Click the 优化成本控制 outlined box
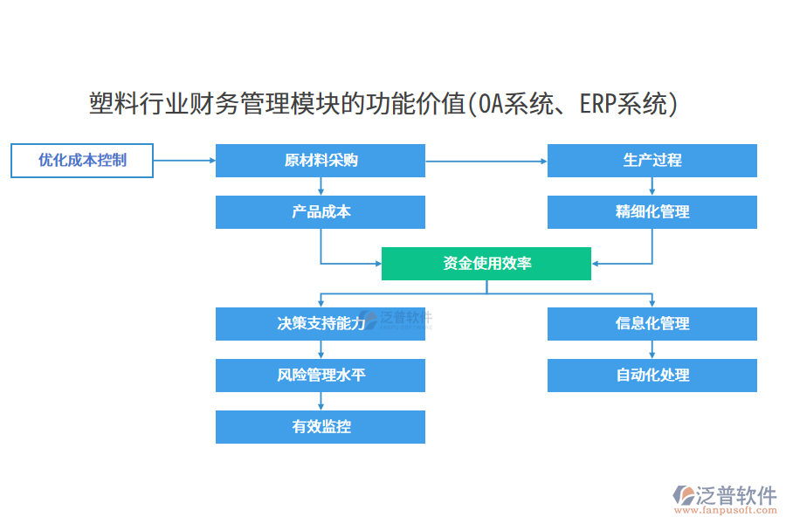click(x=82, y=161)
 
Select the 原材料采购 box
click(x=321, y=161)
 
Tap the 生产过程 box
click(x=652, y=161)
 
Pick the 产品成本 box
click(x=321, y=212)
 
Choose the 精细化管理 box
click(x=652, y=212)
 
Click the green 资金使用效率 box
click(x=486, y=263)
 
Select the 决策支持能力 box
click(x=321, y=324)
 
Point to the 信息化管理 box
click(x=652, y=324)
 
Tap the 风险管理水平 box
click(x=321, y=376)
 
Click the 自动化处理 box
click(x=652, y=376)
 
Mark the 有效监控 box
click(x=321, y=427)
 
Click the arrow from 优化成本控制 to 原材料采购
click(x=184, y=161)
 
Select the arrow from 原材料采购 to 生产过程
click(x=486, y=161)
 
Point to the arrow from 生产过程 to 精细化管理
click(x=652, y=186)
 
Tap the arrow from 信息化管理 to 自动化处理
click(x=652, y=349)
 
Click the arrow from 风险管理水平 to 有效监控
click(x=321, y=401)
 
